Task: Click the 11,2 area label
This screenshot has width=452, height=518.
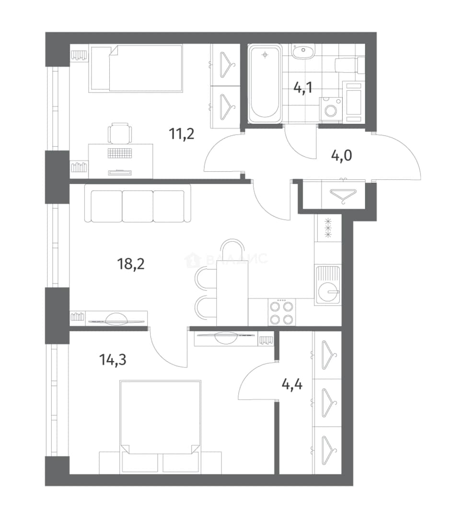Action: pos(181,134)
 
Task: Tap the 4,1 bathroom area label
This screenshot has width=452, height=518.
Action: pos(303,88)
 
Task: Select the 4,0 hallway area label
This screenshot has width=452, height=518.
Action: pos(341,155)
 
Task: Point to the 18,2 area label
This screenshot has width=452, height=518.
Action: pos(131,264)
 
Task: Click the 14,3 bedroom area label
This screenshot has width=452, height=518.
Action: pos(113,360)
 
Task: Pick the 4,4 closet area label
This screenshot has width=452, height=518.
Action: pos(292,385)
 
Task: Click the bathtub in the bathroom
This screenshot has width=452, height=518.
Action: pos(265,84)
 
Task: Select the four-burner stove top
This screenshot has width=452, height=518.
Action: pos(282,312)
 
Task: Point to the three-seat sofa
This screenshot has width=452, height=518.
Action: pos(138,203)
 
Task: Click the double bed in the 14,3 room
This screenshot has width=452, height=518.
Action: pos(160,427)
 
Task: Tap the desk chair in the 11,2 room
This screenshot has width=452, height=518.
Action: pos(119,133)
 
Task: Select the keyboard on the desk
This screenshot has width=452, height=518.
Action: pos(119,153)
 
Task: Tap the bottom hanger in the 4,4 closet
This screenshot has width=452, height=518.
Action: pos(329,449)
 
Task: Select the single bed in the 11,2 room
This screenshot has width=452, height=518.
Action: pos(136,69)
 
